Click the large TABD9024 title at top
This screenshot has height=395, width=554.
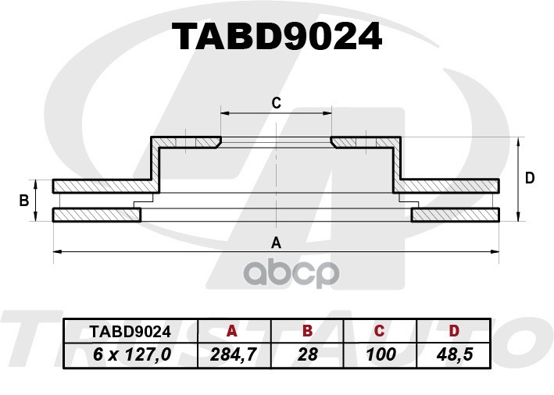[x=277, y=37]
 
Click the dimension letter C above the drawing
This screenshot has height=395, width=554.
[x=277, y=103]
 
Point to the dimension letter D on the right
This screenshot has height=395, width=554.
[x=530, y=178]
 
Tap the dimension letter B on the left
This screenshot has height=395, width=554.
[x=24, y=201]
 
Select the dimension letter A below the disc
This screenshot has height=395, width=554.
[x=276, y=243]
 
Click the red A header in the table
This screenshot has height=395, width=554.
[x=232, y=331]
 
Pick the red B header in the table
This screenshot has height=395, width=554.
[x=308, y=331]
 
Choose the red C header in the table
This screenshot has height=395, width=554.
[x=379, y=331]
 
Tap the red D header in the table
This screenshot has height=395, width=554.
[x=454, y=331]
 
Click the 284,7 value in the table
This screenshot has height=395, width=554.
[x=234, y=354]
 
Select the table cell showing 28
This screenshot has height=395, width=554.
[x=308, y=354]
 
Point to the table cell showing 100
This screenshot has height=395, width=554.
[x=381, y=354]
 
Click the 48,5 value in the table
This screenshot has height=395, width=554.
[x=455, y=354]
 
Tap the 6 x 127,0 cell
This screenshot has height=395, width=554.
[x=131, y=354]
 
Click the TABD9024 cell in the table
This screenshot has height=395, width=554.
[x=130, y=332]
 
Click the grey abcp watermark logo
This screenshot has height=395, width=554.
[x=291, y=273]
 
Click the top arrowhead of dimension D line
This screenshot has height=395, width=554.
[x=518, y=141]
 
